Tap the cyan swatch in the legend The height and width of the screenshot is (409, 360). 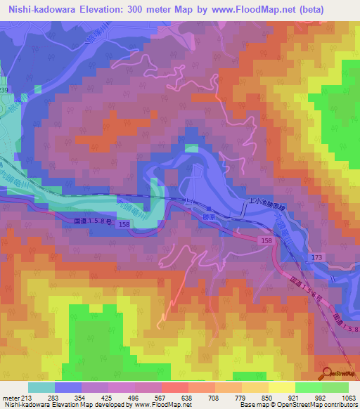tap(41, 387)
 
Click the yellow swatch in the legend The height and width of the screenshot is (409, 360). tap(282, 387)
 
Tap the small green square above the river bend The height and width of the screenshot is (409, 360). tap(191, 148)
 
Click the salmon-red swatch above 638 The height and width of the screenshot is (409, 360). tap(175, 387)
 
